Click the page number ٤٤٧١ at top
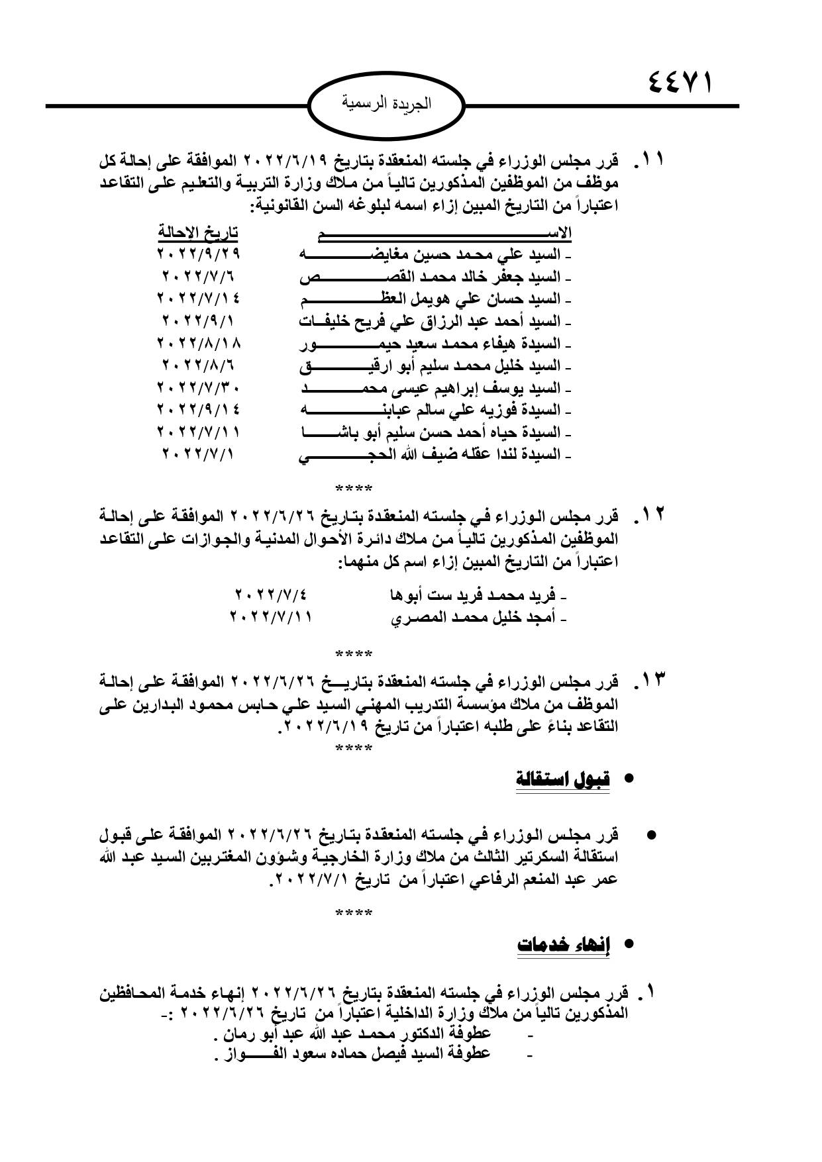680,85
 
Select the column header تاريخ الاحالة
198,232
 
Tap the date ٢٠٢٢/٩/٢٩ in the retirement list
198,254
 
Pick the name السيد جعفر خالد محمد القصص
430,277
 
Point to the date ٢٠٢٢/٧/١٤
198,299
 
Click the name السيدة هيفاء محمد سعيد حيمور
430,344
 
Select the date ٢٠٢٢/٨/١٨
198,344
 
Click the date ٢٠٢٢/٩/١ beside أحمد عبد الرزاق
198,321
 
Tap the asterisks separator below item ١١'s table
354,490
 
